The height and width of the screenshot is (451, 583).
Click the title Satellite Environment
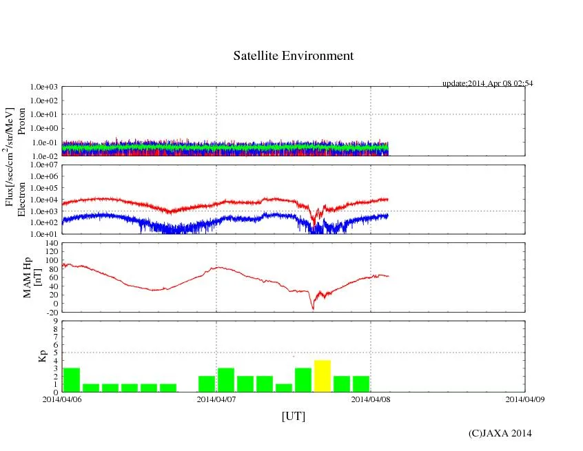(294, 56)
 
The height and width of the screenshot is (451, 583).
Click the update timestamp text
(487, 83)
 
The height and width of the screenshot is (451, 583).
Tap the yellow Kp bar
(323, 376)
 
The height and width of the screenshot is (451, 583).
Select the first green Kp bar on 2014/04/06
(72, 379)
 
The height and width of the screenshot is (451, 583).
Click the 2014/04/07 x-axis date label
(216, 399)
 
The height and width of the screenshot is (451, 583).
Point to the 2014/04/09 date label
(525, 399)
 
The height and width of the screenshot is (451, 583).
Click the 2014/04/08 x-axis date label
(371, 399)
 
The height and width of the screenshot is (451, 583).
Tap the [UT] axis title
(294, 416)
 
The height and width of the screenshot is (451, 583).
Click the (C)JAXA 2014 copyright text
(500, 433)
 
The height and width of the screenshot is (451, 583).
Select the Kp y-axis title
(42, 356)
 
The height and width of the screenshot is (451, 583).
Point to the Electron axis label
(21, 199)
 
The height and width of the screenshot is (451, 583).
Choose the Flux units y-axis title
(10, 156)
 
